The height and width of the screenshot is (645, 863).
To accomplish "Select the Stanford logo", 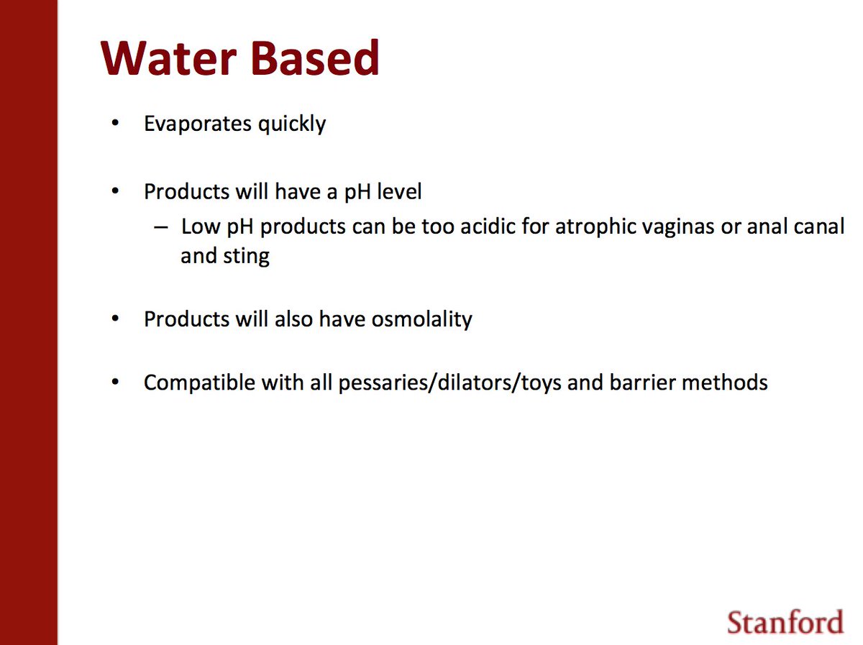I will (785, 621).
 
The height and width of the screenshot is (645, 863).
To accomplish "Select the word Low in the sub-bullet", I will (197, 227).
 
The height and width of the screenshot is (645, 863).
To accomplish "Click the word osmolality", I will (421, 319).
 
